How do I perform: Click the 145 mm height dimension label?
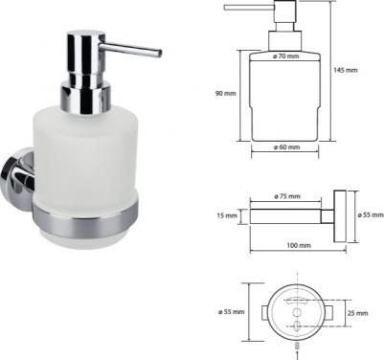[346, 70]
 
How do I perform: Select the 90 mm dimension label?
[225, 94]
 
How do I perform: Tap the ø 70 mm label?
[286, 56]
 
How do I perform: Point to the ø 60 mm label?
[286, 147]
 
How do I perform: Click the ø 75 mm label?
[287, 196]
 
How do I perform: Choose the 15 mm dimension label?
[227, 215]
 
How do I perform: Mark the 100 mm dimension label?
[299, 245]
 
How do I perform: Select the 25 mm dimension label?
[357, 313]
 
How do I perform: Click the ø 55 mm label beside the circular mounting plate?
[232, 312]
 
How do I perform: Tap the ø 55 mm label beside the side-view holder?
[371, 215]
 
